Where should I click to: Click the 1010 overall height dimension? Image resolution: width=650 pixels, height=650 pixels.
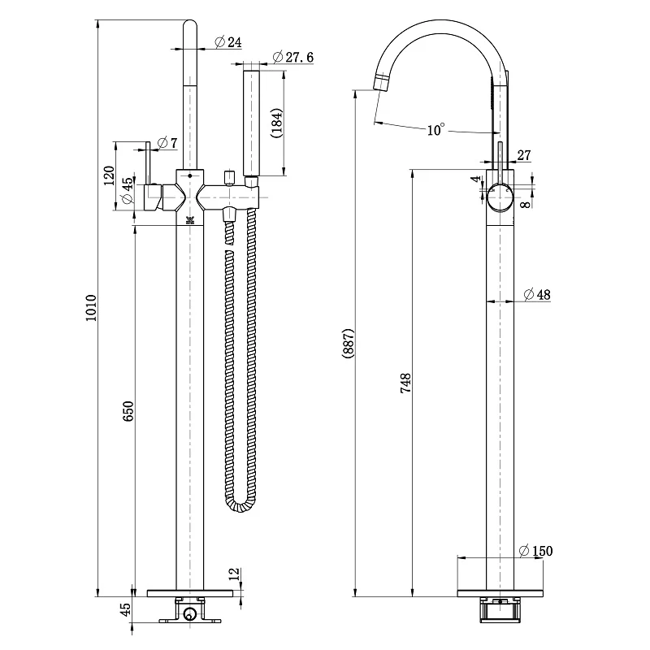(91, 308)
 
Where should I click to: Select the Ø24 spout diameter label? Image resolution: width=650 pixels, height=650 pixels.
(228, 42)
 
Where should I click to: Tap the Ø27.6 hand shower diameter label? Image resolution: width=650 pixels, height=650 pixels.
(293, 57)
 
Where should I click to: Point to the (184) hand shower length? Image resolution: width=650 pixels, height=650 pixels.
(276, 123)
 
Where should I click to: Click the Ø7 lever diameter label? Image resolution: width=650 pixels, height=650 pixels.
(167, 143)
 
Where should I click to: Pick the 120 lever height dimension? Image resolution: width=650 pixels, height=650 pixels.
(109, 175)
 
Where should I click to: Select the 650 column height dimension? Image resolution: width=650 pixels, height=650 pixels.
(128, 411)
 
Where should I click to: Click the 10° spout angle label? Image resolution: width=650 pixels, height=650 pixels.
(435, 129)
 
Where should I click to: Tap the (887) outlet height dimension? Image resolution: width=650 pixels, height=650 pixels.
(349, 343)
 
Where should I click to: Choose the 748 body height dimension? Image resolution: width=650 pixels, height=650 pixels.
(405, 383)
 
